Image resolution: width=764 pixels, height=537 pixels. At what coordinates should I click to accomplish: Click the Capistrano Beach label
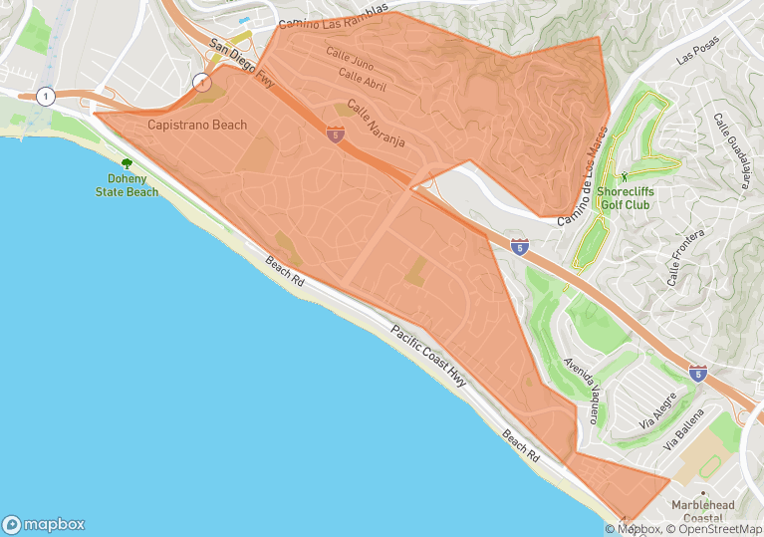197,125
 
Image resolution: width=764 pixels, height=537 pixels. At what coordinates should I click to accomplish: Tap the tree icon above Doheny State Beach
127,163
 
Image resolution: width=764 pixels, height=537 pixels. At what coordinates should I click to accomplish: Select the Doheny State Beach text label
127,185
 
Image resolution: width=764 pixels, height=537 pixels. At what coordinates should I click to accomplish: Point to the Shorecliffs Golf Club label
638,197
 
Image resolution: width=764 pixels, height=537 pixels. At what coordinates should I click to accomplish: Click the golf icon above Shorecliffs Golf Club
638,176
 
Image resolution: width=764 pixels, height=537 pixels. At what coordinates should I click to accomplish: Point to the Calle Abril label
362,79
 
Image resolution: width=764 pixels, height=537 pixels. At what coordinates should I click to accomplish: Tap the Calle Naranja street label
375,128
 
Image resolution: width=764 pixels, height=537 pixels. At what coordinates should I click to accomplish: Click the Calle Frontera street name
685,257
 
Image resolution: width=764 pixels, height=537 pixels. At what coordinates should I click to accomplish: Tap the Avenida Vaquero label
581,391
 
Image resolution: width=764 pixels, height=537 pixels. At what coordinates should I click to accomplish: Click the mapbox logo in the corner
44,524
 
